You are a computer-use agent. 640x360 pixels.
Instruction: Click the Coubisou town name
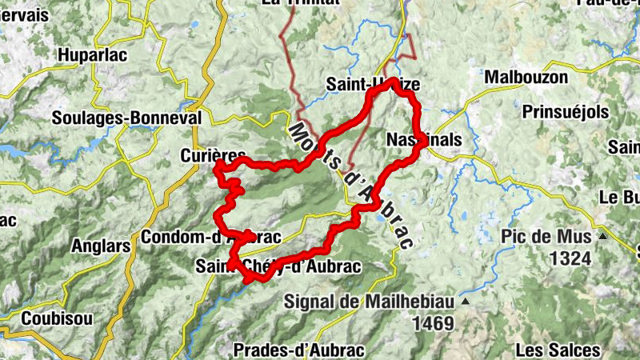point(57,318)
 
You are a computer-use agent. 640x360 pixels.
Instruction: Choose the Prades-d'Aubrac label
point(299,350)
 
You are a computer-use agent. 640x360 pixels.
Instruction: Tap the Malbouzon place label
point(526,78)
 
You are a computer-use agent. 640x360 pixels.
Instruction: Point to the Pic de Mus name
point(547,237)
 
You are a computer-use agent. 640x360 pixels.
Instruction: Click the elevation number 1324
point(570,258)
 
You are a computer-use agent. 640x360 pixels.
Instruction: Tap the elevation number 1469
point(433,323)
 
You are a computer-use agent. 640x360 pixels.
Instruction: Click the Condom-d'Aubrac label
point(210,238)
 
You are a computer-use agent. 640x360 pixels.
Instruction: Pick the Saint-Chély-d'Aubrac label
point(278,266)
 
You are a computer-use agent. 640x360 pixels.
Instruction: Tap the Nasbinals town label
point(424,139)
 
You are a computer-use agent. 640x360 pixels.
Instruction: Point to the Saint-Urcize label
point(373,85)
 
